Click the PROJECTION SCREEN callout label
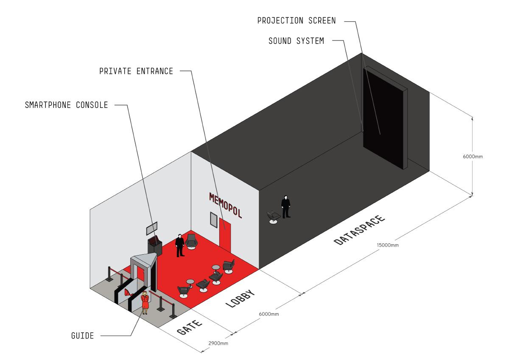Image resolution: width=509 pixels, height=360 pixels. [x=296, y=21]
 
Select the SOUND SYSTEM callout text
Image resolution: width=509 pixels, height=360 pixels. [x=296, y=41]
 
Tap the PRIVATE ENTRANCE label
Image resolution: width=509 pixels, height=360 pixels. [x=136, y=71]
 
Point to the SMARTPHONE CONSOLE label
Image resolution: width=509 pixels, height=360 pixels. [x=67, y=105]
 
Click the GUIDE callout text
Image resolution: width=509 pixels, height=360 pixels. [x=82, y=335]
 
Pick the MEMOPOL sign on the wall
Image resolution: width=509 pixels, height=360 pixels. [x=226, y=205]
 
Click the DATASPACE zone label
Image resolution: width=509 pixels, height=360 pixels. [x=359, y=230]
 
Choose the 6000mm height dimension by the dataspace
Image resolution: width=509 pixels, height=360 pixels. [x=473, y=156]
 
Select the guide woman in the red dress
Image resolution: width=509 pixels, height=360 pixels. [x=145, y=302]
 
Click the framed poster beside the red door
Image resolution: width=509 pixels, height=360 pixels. [x=213, y=219]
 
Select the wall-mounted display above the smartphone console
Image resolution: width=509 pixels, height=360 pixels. [x=152, y=228]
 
